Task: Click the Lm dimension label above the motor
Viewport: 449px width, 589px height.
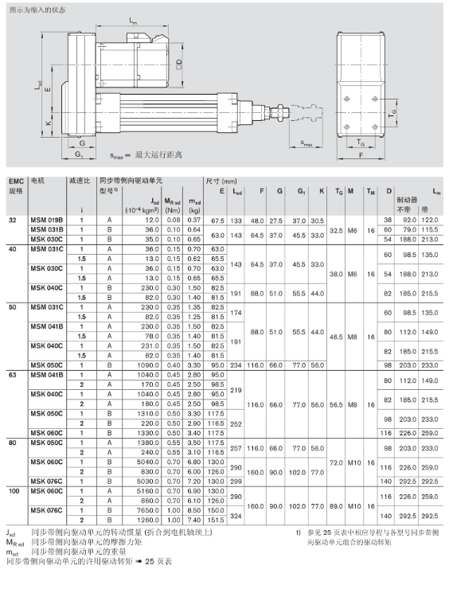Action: click(x=133, y=21)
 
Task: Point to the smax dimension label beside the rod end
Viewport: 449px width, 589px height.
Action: click(x=306, y=143)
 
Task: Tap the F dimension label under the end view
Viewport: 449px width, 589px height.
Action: click(x=361, y=155)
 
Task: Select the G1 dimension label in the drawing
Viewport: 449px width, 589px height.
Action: click(x=79, y=154)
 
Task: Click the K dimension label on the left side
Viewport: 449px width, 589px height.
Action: click(x=48, y=123)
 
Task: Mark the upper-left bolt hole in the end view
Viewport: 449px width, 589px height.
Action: click(x=347, y=99)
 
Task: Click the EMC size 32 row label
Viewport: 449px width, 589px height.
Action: click(x=13, y=220)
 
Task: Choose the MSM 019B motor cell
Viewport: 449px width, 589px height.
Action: click(x=47, y=220)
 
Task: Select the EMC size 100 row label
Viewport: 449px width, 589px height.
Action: click(x=14, y=491)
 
